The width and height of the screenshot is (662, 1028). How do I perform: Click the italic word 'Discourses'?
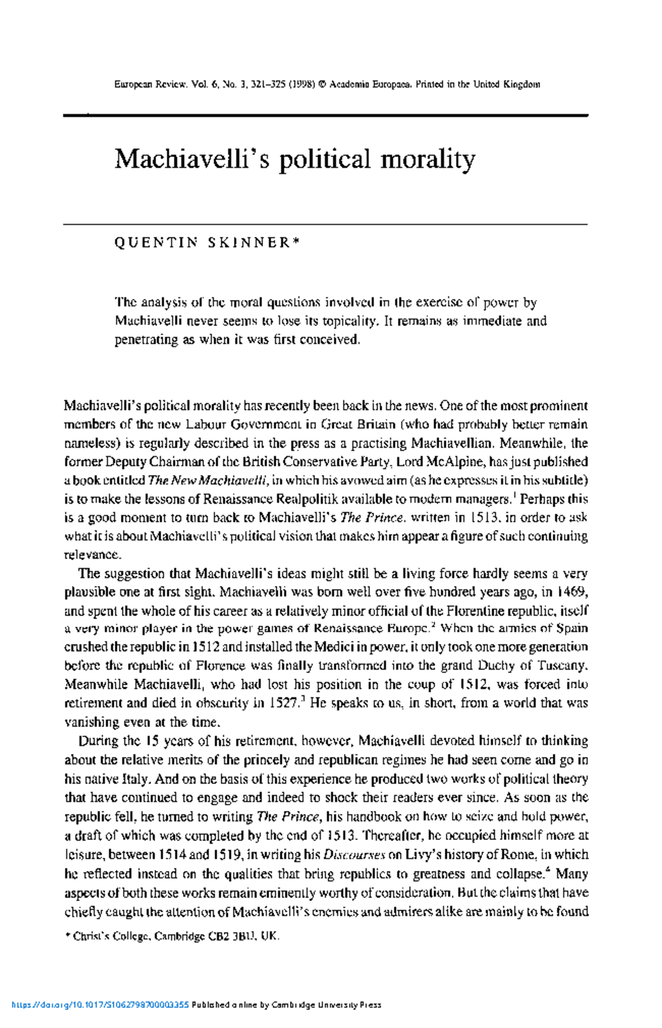tap(354, 855)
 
